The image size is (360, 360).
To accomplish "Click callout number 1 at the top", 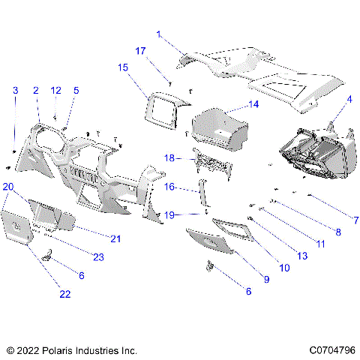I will pyautogui.click(x=159, y=34).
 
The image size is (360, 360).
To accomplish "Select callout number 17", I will pyautogui.click(x=140, y=51).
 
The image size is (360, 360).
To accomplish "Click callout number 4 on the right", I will pyautogui.click(x=349, y=99).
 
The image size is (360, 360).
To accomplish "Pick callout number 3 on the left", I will pyautogui.click(x=15, y=91).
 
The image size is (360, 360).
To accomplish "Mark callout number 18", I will pyautogui.click(x=169, y=158).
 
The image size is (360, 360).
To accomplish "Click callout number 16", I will pyautogui.click(x=169, y=187).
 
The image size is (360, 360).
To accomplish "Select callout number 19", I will pyautogui.click(x=169, y=214).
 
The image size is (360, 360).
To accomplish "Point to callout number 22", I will pyautogui.click(x=65, y=294).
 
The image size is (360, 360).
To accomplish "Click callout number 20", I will pyautogui.click(x=7, y=186).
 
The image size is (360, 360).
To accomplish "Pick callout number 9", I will pyautogui.click(x=265, y=279).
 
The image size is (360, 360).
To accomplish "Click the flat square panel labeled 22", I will pyautogui.click(x=16, y=227).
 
